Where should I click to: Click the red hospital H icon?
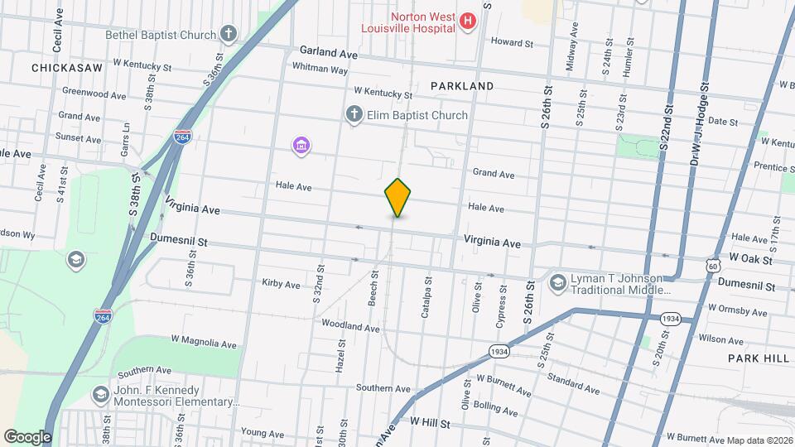click(468, 21)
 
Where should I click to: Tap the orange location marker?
click(397, 197)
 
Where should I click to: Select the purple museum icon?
click(301, 147)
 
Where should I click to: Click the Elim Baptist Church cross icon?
click(354, 115)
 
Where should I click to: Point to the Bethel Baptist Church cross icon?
click(229, 35)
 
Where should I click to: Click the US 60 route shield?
click(712, 266)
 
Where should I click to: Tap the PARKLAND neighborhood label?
click(462, 86)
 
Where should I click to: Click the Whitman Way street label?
click(320, 70)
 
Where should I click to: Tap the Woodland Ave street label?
click(350, 327)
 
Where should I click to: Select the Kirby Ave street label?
click(281, 284)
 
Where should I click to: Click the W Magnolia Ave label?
click(204, 342)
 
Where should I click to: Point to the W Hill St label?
click(428, 423)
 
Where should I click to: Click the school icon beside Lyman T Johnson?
click(558, 283)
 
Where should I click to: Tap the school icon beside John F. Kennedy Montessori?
click(101, 394)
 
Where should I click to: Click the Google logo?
click(27, 436)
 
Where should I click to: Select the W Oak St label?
click(750, 259)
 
